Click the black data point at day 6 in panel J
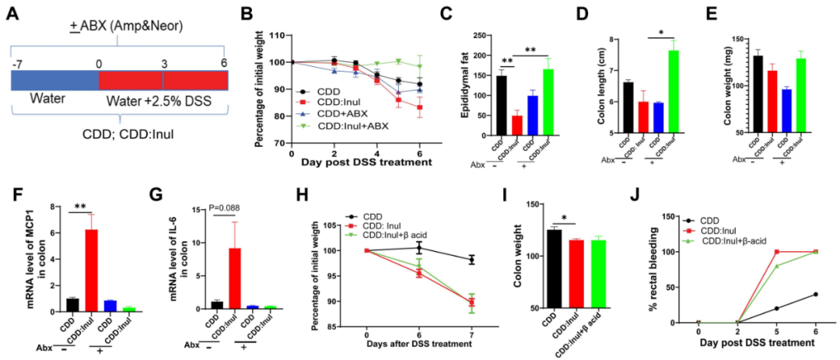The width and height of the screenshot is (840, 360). pos(815,294)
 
